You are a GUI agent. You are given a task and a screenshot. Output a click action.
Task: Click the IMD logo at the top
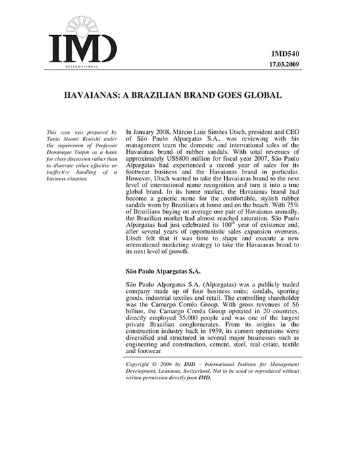click(x=82, y=42)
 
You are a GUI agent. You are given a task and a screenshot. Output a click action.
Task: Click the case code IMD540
click(x=285, y=52)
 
